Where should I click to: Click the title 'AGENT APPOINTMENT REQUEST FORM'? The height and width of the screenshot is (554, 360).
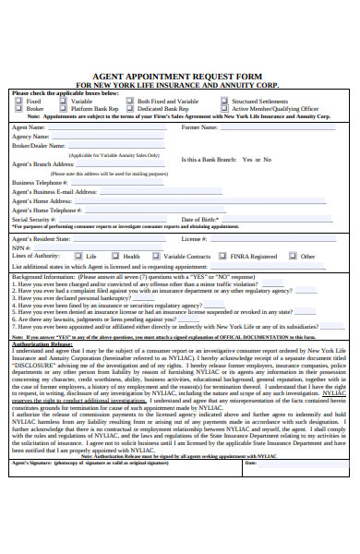coord(180,77)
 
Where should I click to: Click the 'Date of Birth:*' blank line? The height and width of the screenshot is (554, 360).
coord(276,221)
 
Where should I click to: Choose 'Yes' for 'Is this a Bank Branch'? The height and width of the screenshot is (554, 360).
coord(246,159)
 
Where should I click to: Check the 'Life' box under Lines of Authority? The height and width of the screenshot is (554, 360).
coord(79,257)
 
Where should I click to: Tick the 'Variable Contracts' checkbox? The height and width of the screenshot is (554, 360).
coord(157,257)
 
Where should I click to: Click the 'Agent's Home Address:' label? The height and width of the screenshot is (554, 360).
coord(42,201)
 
